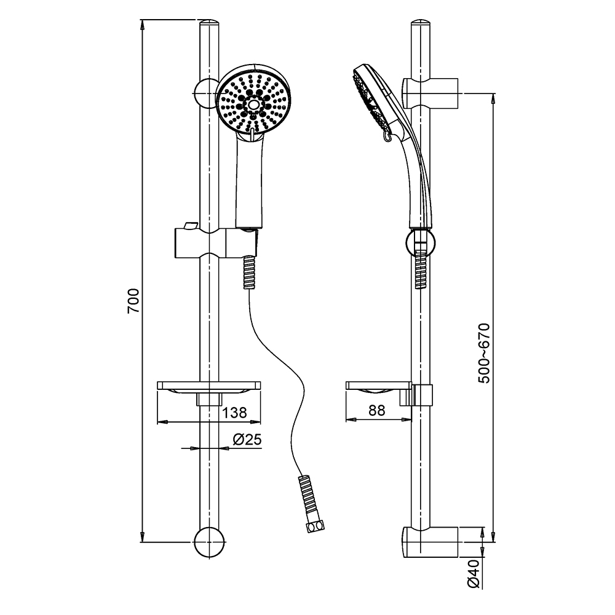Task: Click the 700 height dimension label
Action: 133,301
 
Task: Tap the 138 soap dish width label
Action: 235,412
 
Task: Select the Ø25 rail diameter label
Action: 247,440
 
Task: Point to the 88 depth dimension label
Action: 377,410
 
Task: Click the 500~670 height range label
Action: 484,353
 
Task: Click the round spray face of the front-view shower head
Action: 253,103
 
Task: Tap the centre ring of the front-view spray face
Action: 253,105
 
